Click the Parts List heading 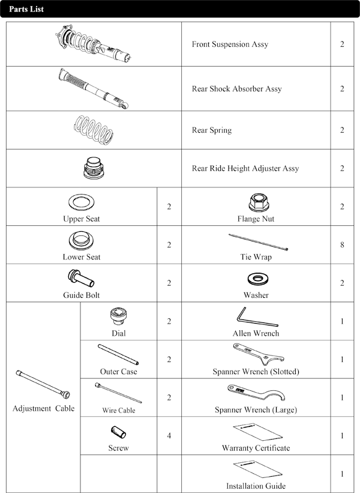coord(26,10)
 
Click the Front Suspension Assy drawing coord(94,44)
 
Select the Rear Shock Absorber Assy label coord(236,89)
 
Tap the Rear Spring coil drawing coord(94,129)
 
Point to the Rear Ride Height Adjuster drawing coord(94,168)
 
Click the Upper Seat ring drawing coord(82,201)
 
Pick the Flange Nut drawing coord(256,201)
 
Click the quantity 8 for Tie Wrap coord(341,245)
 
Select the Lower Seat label coord(82,257)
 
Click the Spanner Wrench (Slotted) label coord(256,372)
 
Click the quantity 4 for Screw coord(169,435)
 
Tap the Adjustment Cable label coord(44,409)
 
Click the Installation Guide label coord(256,486)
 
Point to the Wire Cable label coord(118,411)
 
